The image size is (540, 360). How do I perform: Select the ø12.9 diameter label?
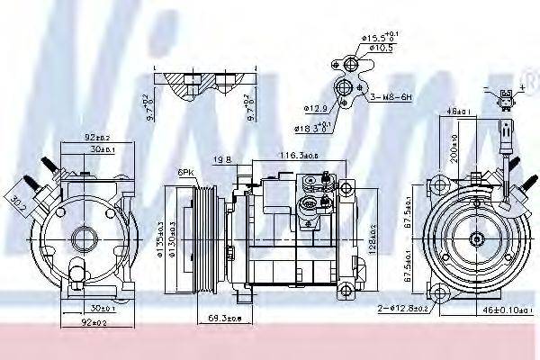(315, 108)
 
